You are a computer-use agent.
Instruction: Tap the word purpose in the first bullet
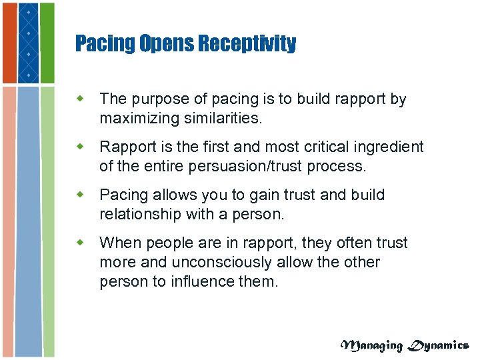pyautogui.click(x=157, y=99)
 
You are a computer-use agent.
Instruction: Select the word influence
pyautogui.click(x=208, y=281)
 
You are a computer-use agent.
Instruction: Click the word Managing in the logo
pyautogui.click(x=371, y=345)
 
